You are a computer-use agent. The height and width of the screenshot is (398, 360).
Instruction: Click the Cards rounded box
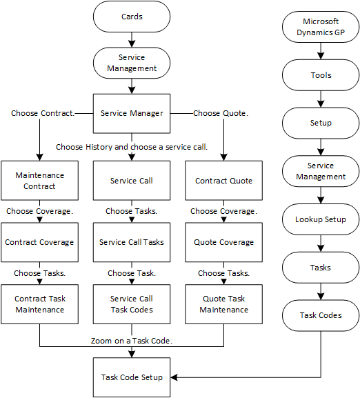coord(132,17)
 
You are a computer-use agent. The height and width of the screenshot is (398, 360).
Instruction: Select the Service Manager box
coord(132,113)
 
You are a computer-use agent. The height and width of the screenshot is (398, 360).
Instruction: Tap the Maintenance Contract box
coord(39,181)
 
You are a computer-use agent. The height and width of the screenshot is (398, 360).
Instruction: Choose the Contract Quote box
coord(223,181)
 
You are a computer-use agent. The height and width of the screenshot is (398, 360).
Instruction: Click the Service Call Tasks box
coord(132,242)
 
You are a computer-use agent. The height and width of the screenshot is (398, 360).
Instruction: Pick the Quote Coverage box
coord(223,242)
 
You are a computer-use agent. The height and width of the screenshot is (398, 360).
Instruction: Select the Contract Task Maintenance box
coord(39,304)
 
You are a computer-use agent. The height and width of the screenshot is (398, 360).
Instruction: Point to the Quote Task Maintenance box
coord(223,304)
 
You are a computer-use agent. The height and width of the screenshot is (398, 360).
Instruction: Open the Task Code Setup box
coord(132,377)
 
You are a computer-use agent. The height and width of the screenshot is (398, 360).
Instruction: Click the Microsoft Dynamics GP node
coord(320,27)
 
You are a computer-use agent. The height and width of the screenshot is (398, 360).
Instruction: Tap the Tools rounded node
coord(320,75)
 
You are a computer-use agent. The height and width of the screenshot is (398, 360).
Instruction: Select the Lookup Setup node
coord(320,219)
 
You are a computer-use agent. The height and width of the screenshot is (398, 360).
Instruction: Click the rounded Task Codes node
coord(320,315)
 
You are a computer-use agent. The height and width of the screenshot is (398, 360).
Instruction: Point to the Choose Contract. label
coord(43,113)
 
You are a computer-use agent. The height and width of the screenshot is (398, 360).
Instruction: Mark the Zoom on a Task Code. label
coord(131,341)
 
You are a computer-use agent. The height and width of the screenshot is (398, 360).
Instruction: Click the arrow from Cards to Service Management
coord(132,39)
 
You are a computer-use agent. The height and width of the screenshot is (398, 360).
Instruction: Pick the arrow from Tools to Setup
coord(320,99)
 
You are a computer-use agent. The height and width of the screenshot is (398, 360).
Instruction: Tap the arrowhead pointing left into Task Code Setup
coord(174,377)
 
